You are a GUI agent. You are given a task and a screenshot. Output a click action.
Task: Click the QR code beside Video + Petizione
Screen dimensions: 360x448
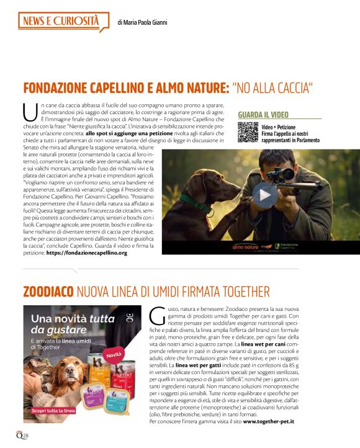click(247, 133)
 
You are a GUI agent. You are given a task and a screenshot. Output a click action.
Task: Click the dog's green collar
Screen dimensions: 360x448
click(196, 202)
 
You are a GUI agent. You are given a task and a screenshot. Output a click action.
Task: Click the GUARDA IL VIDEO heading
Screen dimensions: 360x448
click(263, 115)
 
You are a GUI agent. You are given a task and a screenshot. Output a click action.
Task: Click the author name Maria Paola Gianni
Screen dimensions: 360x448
click(142, 22)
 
